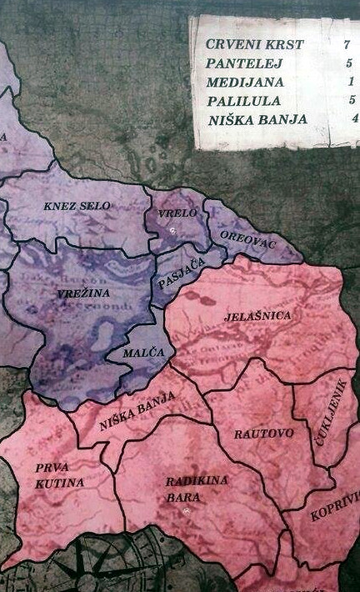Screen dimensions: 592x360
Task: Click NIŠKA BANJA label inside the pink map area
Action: click(x=137, y=412)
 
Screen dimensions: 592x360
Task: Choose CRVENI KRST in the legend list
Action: click(x=245, y=44)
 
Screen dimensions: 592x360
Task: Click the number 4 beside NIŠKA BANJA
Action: click(x=354, y=118)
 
